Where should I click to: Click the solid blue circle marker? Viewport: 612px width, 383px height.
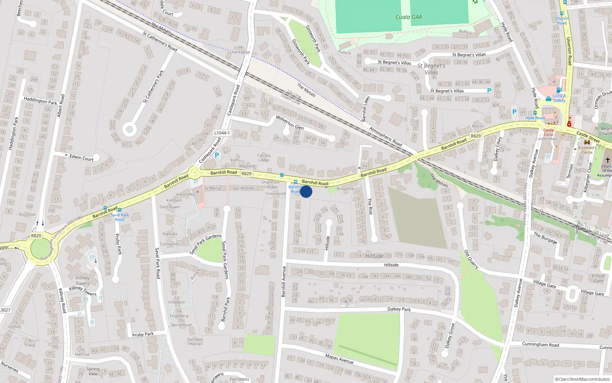[x=306, y=191]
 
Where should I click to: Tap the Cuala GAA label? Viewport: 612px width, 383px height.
[x=408, y=17]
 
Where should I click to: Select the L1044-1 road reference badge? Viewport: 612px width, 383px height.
[x=222, y=133]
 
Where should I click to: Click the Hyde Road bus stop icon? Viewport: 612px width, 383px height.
[x=535, y=113]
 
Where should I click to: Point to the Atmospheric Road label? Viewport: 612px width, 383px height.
[x=386, y=136]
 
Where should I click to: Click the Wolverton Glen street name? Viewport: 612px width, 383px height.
[x=290, y=122]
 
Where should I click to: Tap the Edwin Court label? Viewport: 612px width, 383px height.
[x=81, y=158]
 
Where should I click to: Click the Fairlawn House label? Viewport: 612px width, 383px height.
[x=195, y=342]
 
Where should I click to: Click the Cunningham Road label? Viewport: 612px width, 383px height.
[x=540, y=344]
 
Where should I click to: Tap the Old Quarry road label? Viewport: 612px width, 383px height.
[x=471, y=259]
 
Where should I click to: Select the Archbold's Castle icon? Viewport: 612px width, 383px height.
[x=587, y=142]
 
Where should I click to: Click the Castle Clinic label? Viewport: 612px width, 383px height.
[x=549, y=132]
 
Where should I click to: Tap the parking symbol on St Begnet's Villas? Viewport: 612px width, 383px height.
[x=489, y=91]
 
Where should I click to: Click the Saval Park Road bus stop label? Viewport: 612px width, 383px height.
[x=119, y=217]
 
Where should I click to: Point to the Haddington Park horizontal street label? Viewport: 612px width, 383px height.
[x=40, y=101]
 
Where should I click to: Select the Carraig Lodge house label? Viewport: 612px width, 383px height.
[x=264, y=157]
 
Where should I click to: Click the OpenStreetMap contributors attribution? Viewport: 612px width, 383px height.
[x=583, y=379]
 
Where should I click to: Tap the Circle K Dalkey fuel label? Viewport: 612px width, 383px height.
[x=559, y=98]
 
